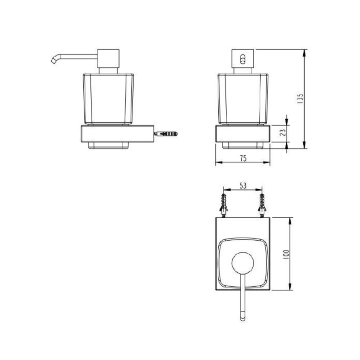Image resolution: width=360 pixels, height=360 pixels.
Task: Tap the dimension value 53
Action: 243,186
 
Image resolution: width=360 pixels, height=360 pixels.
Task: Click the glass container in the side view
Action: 108,97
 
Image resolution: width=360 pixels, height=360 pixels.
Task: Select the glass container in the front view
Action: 243,97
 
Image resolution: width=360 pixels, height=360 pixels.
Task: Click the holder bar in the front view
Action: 243,134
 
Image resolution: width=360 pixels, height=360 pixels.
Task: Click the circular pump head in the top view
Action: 243,262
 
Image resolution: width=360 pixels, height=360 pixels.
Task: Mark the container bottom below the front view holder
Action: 243,145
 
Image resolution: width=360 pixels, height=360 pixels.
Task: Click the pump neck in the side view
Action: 108,70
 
